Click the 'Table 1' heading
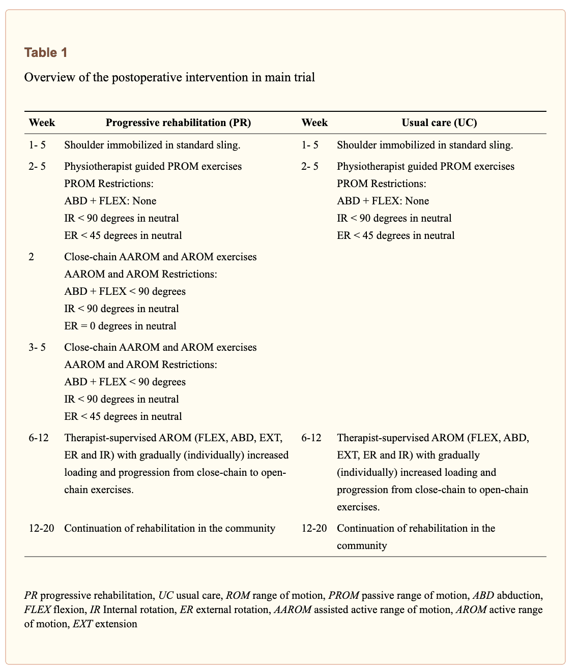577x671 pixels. coord(45,52)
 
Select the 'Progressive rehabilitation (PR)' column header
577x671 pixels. coord(178,123)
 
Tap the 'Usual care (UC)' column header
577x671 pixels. coord(439,123)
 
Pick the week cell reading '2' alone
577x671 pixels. coord(32,257)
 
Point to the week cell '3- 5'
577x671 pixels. coord(37,347)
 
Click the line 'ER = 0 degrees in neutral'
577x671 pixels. coord(120,326)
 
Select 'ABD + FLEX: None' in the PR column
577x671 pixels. coord(110,201)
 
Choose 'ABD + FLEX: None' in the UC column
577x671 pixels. coord(383,201)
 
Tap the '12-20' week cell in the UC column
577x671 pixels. coord(314,528)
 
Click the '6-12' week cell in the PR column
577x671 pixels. coord(39,438)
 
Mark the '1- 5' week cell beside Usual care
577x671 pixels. coord(310,145)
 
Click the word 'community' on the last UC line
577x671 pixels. coord(362,546)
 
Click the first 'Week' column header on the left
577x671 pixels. coord(42,123)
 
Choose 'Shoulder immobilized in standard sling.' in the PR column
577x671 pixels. coord(152,145)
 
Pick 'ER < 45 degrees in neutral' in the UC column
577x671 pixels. coord(396,235)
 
